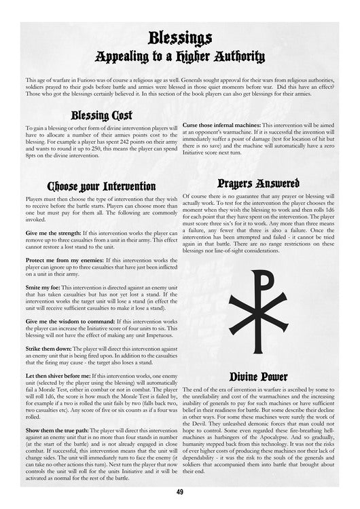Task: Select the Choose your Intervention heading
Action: [x=101, y=185]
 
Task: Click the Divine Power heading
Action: [x=258, y=376]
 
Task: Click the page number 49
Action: [x=180, y=492]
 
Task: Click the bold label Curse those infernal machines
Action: [x=221, y=126]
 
